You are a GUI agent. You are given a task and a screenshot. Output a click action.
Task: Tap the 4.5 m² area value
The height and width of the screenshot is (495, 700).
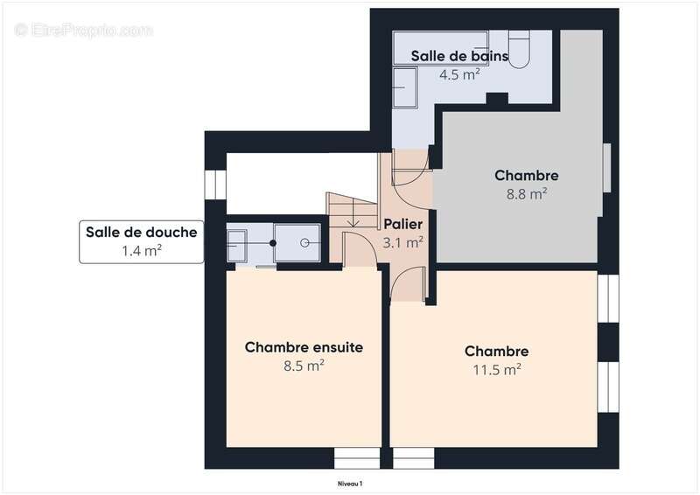coord(459,74)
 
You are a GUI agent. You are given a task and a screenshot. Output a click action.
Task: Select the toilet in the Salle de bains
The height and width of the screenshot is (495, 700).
coord(519,51)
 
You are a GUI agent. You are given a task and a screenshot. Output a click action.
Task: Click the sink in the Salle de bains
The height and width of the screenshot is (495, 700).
coord(404,87)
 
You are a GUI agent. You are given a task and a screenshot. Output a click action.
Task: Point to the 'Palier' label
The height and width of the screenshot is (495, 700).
coord(402,225)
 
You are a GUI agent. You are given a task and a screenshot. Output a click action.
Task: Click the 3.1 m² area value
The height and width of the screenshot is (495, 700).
coord(403,242)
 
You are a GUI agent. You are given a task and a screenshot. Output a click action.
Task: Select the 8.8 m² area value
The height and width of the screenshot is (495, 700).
coord(526,193)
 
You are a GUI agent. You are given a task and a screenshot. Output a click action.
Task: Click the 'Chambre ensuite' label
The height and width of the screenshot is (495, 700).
coord(304,347)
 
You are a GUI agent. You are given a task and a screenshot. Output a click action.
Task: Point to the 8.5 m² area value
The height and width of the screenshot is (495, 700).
coord(304,366)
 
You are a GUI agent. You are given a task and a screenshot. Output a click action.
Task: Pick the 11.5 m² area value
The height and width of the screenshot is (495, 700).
coord(496,369)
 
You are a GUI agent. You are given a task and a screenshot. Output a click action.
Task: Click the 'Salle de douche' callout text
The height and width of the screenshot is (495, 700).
coord(141,233)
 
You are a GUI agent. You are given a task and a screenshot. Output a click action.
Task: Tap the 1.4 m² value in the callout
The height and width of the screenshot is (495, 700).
coord(141,251)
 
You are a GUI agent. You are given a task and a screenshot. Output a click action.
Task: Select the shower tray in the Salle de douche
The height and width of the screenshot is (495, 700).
coord(297,242)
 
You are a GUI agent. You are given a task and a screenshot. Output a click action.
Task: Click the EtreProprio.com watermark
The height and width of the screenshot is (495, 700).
coord(84,30)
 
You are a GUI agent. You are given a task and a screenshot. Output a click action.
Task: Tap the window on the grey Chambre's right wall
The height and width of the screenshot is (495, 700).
coord(606,166)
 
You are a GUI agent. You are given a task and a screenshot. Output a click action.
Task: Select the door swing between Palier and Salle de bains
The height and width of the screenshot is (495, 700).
coord(411,168)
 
